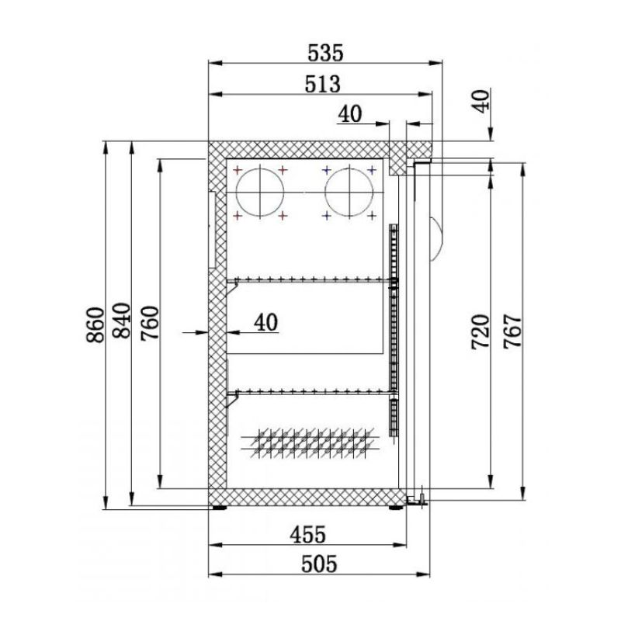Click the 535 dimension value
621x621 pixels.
point(325,53)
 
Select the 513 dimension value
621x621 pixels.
point(322,84)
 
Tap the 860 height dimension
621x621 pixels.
point(95,324)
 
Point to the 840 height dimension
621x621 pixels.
point(122,321)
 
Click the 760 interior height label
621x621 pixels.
point(150,323)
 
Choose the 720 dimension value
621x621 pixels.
point(480,332)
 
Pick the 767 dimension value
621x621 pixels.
point(512,331)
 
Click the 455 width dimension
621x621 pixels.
point(307,535)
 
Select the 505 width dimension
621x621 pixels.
point(319,564)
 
